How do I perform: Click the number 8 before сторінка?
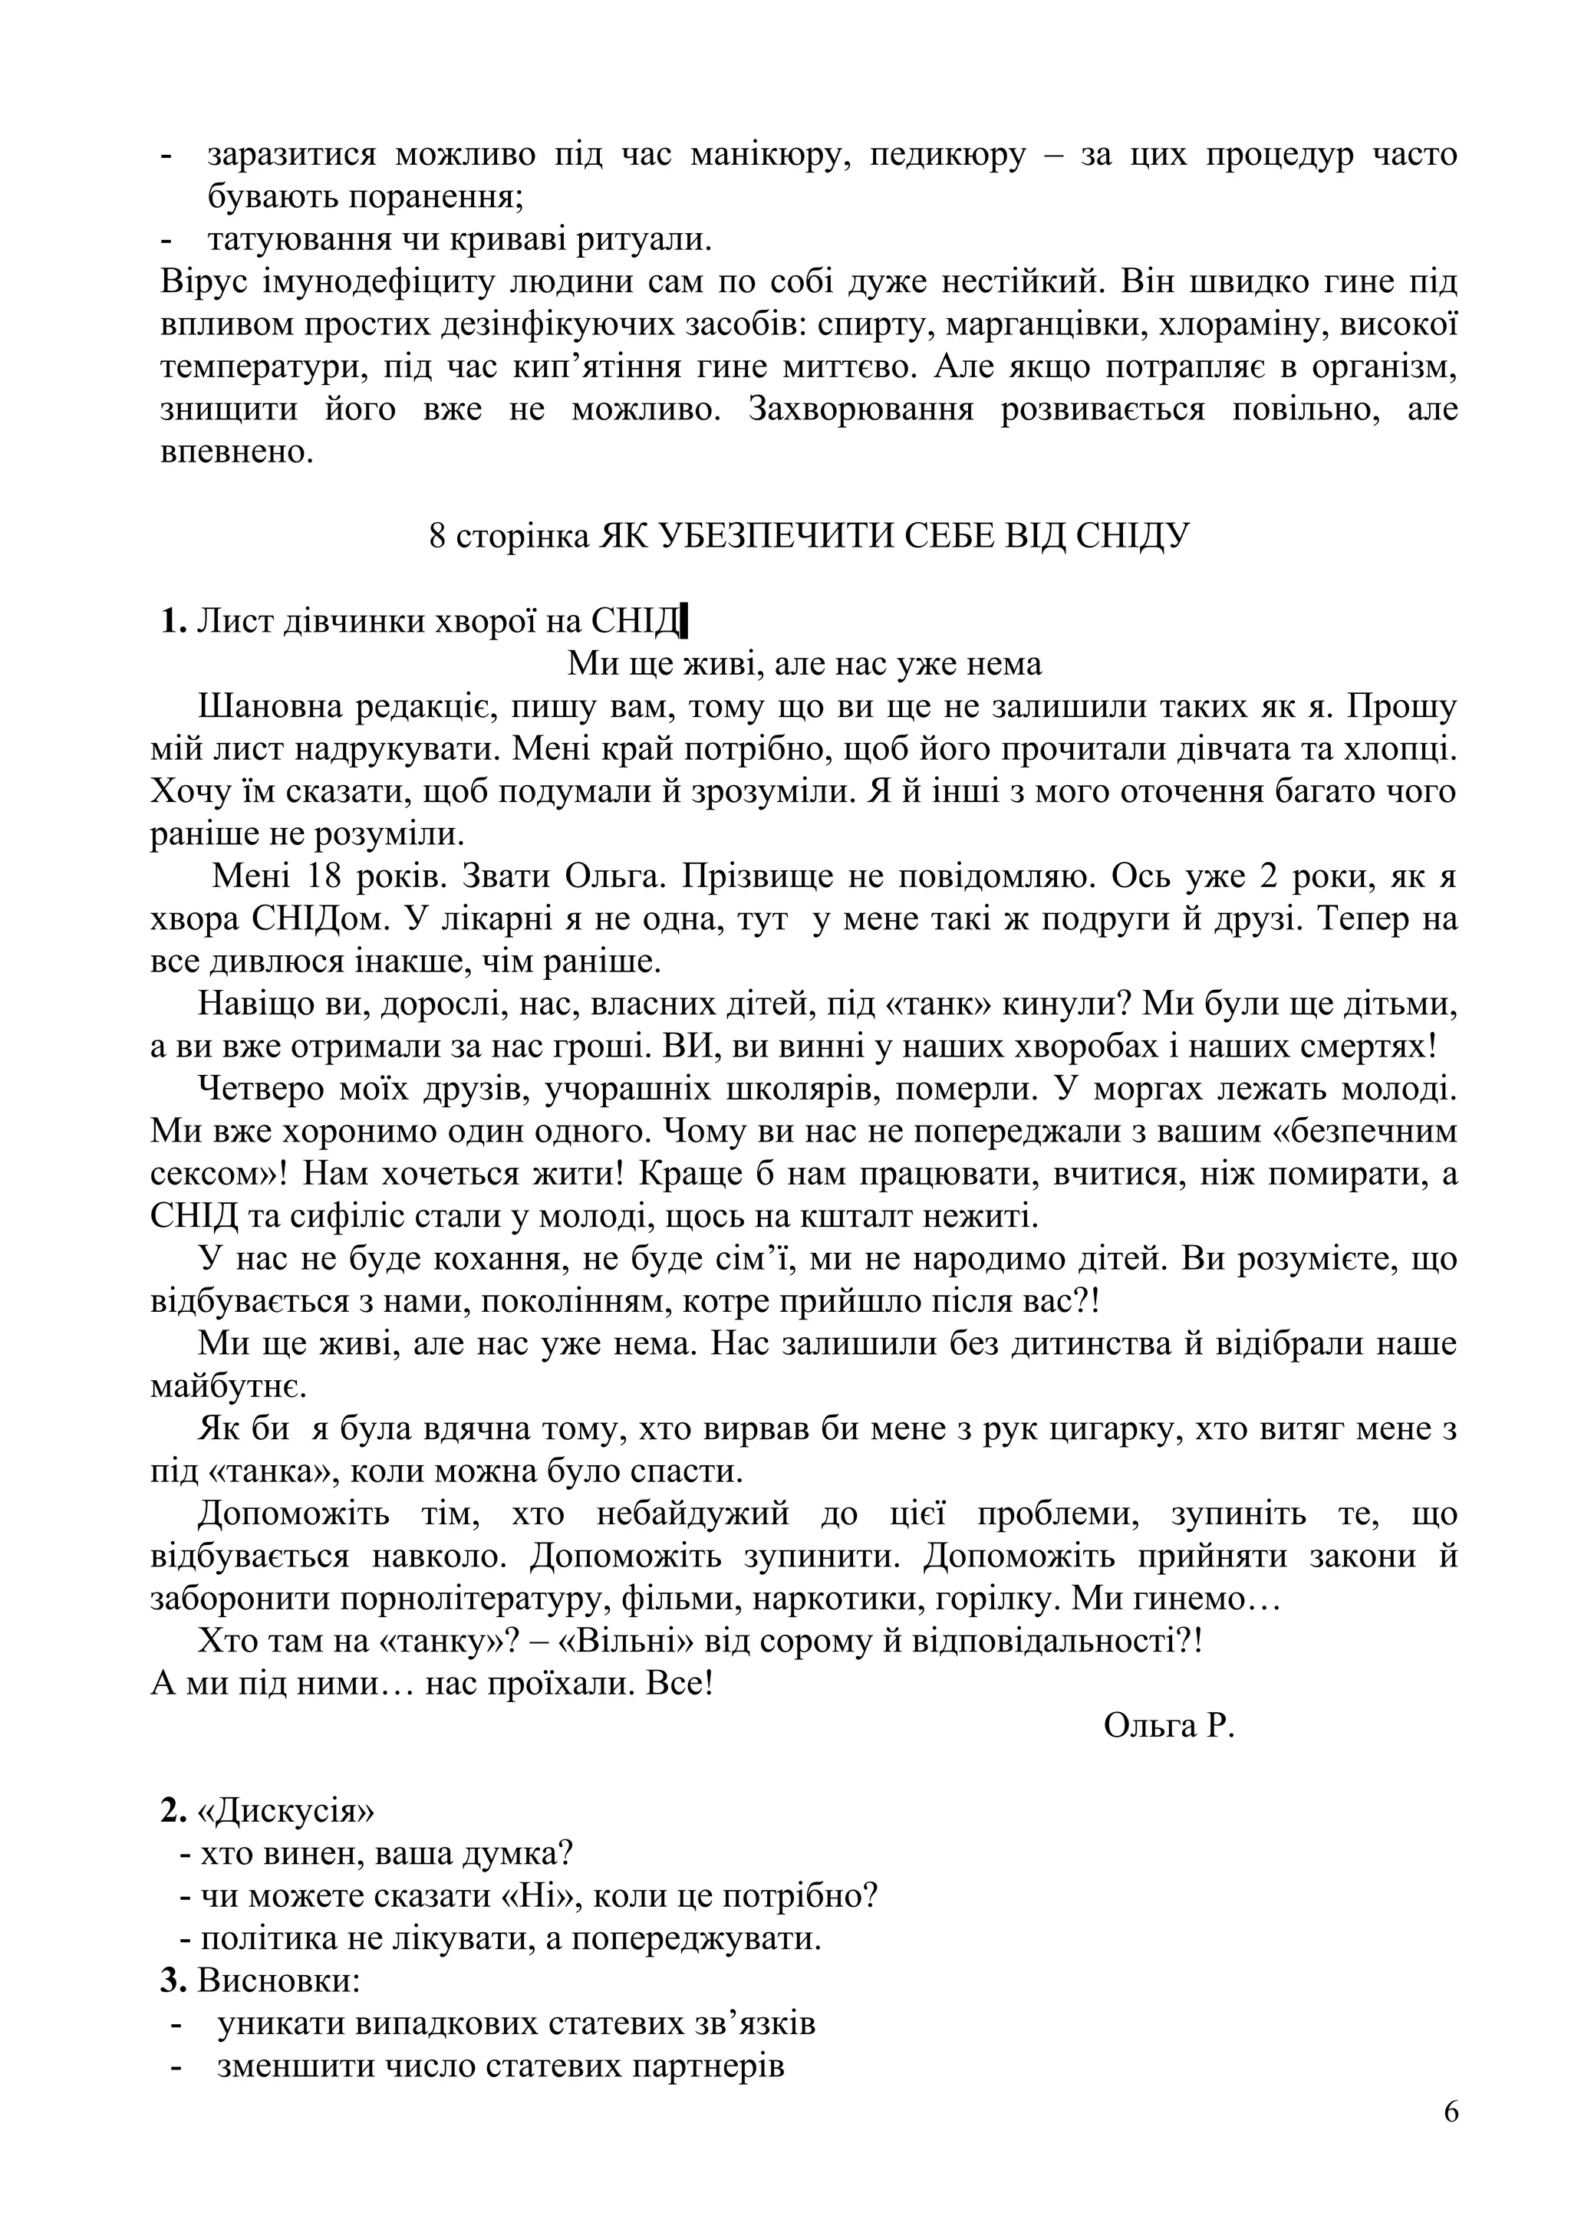point(437,536)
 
